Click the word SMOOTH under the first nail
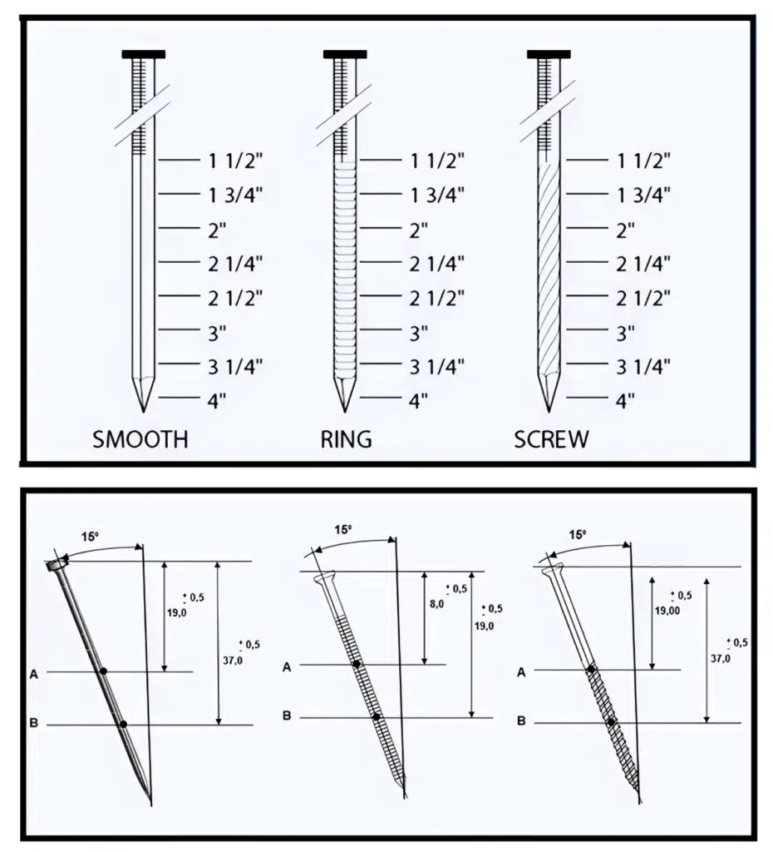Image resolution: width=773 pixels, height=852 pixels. pos(140,438)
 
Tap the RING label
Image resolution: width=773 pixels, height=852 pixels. pos(346,438)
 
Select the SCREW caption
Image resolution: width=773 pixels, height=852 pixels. pos(550,438)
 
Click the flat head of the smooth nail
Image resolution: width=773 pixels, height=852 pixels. pos(143,54)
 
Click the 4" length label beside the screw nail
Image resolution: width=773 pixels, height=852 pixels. pos(625,400)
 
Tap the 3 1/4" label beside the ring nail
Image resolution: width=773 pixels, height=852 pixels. pos(436,366)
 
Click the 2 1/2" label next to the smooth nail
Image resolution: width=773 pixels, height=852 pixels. pos(235,297)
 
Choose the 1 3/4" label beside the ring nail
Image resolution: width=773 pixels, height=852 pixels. pos(436,195)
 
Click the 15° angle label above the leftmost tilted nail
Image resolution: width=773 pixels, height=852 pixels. pos(93,537)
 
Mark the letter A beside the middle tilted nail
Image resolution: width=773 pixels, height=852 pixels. pos(287,666)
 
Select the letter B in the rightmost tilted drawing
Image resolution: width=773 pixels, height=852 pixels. pos(521,721)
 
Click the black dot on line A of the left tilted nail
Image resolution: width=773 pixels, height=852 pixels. pos(103,671)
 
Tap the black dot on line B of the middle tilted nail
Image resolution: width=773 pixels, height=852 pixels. pos(377,716)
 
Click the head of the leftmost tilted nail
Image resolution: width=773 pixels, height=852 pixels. pos(58,566)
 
